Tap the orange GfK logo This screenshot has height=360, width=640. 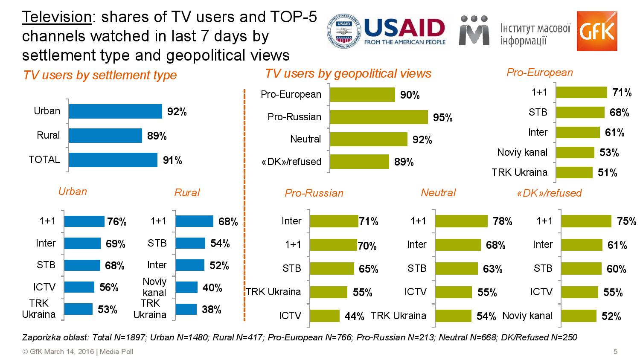click(x=596, y=31)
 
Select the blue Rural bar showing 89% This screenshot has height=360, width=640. click(x=105, y=136)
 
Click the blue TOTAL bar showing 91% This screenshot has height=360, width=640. click(x=113, y=160)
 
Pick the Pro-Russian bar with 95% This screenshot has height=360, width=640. click(x=378, y=117)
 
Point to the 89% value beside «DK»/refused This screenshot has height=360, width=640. click(x=404, y=162)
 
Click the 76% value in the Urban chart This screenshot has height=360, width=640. click(x=117, y=222)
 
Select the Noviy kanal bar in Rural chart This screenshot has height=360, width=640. click(x=186, y=287)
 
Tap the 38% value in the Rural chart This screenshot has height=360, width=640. click(x=212, y=310)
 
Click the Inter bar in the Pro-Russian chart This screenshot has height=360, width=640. click(x=334, y=221)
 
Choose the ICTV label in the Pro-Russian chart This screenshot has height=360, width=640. click(x=290, y=316)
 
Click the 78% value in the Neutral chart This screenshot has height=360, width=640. click(x=503, y=221)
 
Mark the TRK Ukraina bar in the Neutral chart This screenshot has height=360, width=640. click(x=453, y=316)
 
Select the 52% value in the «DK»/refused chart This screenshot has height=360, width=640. click(x=611, y=316)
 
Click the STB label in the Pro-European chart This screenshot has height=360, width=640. click(x=538, y=112)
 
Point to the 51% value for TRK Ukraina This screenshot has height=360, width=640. click(x=608, y=173)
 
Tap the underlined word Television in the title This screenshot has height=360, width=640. click(x=56, y=17)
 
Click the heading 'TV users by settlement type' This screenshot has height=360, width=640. click(x=100, y=75)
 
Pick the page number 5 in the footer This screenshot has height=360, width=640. click(x=615, y=352)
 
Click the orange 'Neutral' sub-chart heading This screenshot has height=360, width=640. click(x=438, y=192)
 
